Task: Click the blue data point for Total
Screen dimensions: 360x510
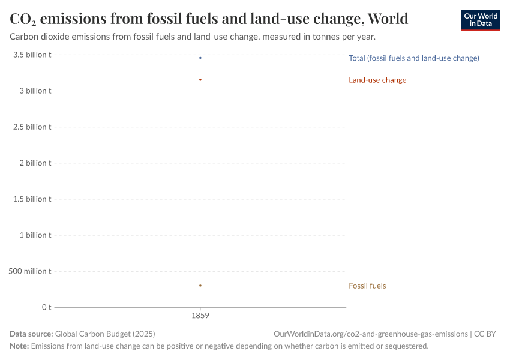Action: [200, 58]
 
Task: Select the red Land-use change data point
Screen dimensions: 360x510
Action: [200, 80]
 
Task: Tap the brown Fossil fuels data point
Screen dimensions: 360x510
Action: [200, 286]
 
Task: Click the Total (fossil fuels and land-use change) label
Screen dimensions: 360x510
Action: [413, 58]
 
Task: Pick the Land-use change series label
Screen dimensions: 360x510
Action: [377, 80]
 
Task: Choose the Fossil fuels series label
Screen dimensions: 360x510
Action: [367, 286]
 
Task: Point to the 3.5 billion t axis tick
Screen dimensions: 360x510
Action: [32, 55]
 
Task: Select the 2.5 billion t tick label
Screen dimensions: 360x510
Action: [32, 127]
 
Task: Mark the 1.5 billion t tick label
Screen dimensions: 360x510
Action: [32, 199]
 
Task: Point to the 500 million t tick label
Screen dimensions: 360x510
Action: [30, 271]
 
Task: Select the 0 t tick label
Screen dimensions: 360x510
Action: [46, 307]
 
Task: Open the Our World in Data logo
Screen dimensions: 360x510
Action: [480, 20]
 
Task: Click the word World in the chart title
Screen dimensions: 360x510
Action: [388, 19]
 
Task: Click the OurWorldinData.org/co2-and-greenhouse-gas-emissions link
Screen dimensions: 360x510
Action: [370, 334]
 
